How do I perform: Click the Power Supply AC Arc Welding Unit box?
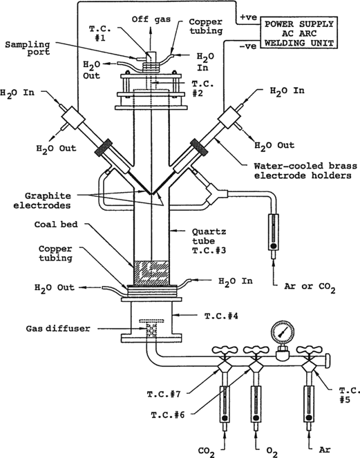299,33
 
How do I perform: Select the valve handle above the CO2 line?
224,350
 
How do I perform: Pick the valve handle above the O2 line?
256,350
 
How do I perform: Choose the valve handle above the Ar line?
309,350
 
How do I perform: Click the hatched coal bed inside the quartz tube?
151,273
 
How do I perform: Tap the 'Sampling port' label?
28,48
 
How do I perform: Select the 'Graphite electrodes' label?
42,200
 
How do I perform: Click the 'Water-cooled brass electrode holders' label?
305,171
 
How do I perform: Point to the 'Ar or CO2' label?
310,287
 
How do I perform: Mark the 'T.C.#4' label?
221,316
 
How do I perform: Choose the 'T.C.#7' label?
164,394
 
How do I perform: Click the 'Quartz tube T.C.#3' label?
209,241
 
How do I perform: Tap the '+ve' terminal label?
248,17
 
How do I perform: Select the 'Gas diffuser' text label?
58,328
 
